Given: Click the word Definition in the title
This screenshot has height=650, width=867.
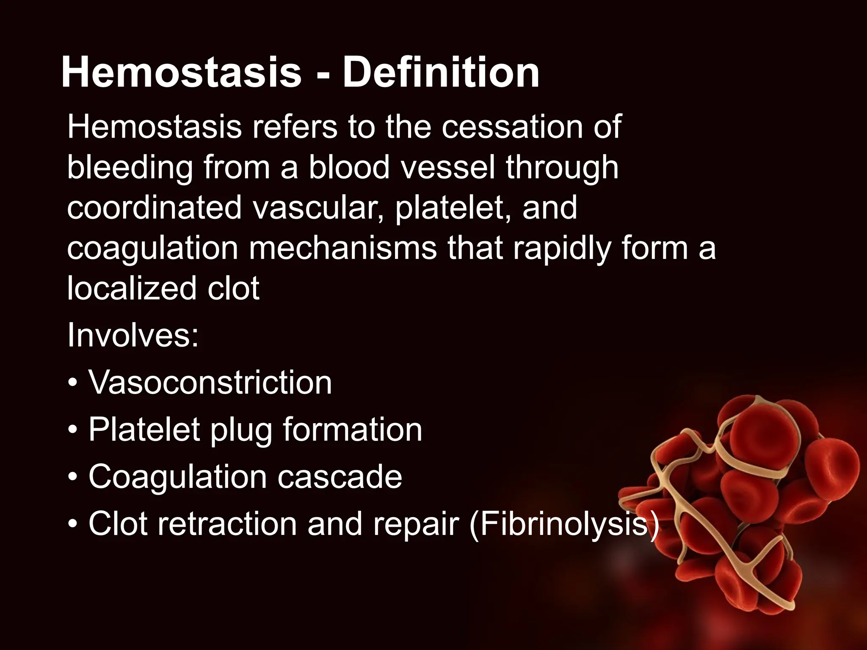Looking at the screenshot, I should click(441, 73).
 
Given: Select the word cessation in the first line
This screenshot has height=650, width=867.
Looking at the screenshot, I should click(512, 127).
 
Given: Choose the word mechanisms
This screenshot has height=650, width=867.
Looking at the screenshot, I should click(342, 248).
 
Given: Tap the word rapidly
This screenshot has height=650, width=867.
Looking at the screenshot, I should click(562, 248).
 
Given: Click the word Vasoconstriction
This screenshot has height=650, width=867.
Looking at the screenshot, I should click(210, 383).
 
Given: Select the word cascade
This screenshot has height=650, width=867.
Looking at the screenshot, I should click(340, 476).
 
